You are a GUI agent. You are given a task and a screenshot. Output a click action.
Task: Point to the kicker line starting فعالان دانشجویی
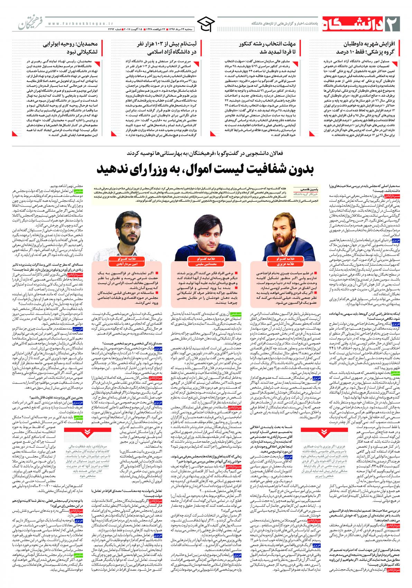click(x=205, y=153)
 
